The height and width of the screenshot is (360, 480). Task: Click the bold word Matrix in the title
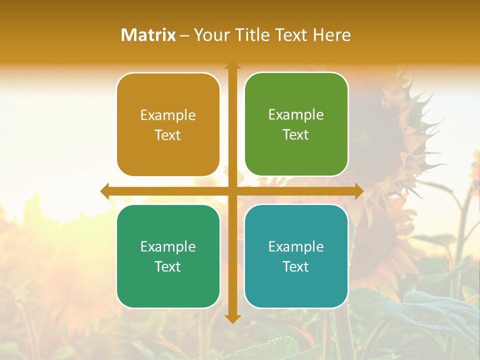148,35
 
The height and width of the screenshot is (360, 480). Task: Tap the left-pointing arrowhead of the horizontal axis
105,191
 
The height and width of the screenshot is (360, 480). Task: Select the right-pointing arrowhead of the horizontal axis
359,191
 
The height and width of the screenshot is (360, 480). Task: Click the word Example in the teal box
296,246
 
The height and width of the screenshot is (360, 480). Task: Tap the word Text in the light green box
296,135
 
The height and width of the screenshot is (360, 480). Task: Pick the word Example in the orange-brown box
168,115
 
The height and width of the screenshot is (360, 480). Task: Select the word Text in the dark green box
168,266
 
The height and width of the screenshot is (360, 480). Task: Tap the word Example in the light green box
296,114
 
